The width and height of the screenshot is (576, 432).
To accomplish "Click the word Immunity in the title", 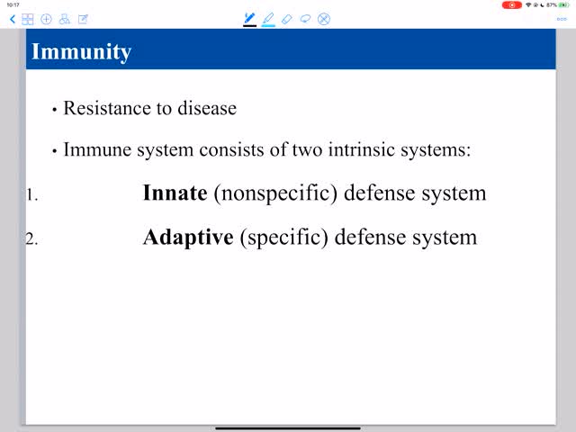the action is pos(81,52).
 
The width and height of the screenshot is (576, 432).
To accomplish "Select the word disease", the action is pos(207,108).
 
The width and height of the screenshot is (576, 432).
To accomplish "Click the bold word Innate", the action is pos(175,193).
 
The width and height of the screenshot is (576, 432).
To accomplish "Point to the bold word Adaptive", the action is pos(188,238).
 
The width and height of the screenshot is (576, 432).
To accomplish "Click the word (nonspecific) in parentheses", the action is pos(275,193).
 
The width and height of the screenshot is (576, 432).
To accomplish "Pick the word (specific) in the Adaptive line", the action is pos(284,238).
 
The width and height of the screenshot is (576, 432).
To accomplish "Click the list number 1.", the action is pos(32,195).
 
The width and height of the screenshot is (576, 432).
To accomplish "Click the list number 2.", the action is pos(32,239).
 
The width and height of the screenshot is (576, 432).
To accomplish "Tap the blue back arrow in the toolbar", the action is pos(13,19).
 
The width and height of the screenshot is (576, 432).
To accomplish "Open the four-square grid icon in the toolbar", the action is pos(28,19).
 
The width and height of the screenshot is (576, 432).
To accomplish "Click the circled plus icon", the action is pos(46,19).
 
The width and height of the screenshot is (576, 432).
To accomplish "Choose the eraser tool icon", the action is pos(286,19).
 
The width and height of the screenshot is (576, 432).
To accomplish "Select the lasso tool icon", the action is pos(305,19).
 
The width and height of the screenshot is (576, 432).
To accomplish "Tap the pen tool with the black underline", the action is pos(250,19).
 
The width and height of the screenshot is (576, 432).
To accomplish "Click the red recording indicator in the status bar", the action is pos(512,5).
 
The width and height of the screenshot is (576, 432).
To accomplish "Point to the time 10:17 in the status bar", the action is pos(13,4).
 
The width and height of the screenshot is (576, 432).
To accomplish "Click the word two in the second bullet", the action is pos(307,149).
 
